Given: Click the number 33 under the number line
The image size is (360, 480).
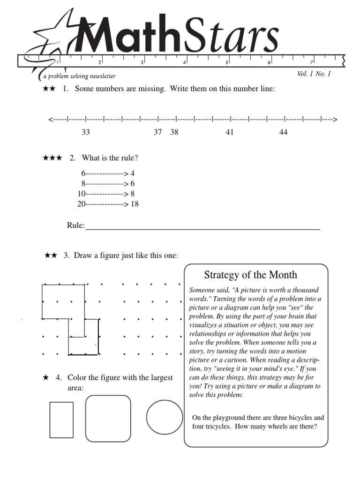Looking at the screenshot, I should pyautogui.click(x=86, y=133).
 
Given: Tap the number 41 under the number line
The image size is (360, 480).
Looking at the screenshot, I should pyautogui.click(x=230, y=133).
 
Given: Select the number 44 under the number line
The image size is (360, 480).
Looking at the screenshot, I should pyautogui.click(x=283, y=133).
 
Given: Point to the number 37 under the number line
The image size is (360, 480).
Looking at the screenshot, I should pyautogui.click(x=158, y=133).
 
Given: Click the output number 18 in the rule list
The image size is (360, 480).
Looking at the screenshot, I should pyautogui.click(x=135, y=204).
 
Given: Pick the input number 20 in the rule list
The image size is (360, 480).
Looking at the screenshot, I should pyautogui.click(x=81, y=204).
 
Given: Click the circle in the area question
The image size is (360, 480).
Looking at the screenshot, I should pyautogui.click(x=165, y=417).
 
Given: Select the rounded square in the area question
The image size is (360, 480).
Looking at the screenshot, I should pyautogui.click(x=108, y=418).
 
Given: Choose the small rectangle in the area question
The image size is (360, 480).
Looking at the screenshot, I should pyautogui.click(x=61, y=420).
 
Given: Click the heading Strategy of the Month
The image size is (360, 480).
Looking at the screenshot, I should pyautogui.click(x=251, y=275).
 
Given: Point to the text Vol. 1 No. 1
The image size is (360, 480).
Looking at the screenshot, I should pyautogui.click(x=314, y=74).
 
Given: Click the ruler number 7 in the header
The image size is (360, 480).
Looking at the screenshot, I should pyautogui.click(x=311, y=62).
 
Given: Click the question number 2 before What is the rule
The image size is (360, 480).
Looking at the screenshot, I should pyautogui.click(x=72, y=158).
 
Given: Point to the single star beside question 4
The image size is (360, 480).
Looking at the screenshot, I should pyautogui.click(x=45, y=377).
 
